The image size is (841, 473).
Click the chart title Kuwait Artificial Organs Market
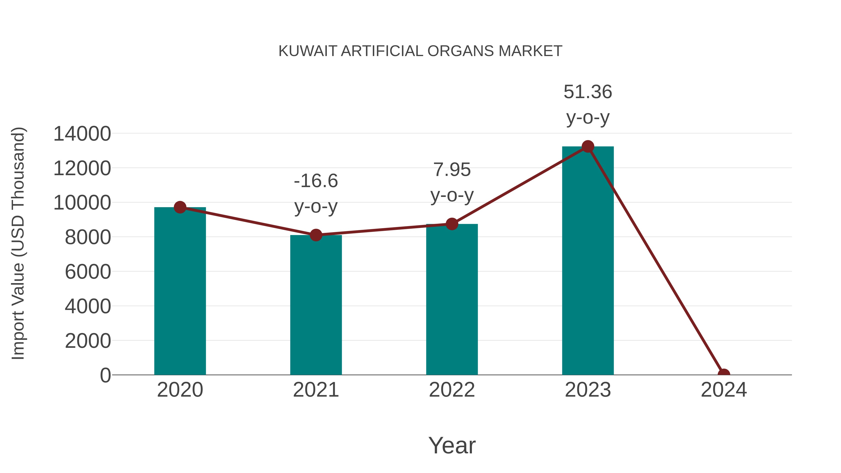tap(420, 51)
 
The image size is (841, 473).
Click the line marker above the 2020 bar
tap(180, 207)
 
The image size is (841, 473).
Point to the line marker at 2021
tap(316, 235)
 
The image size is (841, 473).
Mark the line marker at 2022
tap(452, 224)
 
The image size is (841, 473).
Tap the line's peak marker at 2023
tap(588, 146)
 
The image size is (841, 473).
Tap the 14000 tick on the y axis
tap(82, 134)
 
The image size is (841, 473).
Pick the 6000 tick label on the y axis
tap(88, 272)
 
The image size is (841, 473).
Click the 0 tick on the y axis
tap(105, 375)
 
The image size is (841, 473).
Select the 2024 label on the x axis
tap(723, 390)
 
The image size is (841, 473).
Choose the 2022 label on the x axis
tap(452, 390)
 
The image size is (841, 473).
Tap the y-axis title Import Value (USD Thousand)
tap(18, 243)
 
